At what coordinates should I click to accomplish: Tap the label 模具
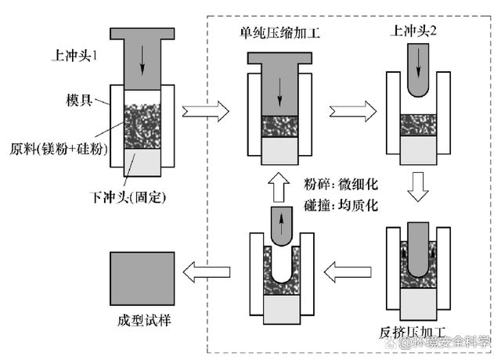click(81, 102)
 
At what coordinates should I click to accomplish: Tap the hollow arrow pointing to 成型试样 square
click(207, 271)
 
